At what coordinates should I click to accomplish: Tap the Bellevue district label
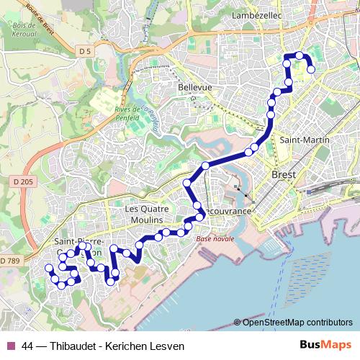pyautogui.click(x=194, y=87)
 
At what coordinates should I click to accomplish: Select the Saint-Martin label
pyautogui.click(x=305, y=139)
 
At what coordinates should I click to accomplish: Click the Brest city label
pyautogui.click(x=284, y=174)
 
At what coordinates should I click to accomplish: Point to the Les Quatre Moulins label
pyautogui.click(x=150, y=214)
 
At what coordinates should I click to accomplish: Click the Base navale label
pyautogui.click(x=215, y=238)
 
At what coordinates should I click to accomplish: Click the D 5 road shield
pyautogui.click(x=85, y=50)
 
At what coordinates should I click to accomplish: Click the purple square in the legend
pyautogui.click(x=11, y=346)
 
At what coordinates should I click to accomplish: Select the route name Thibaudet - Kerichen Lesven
pyautogui.click(x=117, y=346)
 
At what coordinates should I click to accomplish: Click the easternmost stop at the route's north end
pyautogui.click(x=311, y=70)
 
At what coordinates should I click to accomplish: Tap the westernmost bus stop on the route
pyautogui.click(x=49, y=269)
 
